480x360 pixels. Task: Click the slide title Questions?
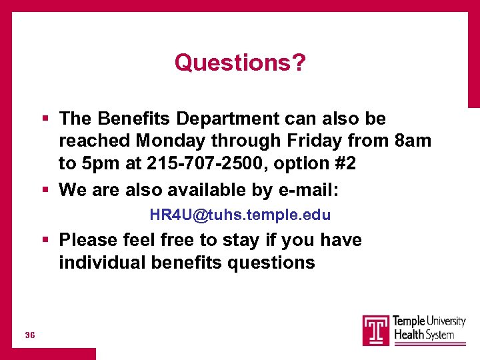(x=240, y=63)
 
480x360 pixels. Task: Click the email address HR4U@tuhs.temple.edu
(x=240, y=215)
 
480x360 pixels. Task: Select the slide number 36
(x=29, y=334)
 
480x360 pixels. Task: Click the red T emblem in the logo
(x=376, y=330)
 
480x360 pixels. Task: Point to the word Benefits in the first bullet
(x=131, y=119)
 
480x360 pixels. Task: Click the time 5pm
(x=99, y=164)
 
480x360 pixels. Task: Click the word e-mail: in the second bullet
(x=307, y=190)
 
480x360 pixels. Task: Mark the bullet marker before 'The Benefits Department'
(x=45, y=119)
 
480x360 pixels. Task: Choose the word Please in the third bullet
(x=89, y=240)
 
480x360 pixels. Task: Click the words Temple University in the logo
(x=429, y=321)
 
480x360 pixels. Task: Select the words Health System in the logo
(x=424, y=335)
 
